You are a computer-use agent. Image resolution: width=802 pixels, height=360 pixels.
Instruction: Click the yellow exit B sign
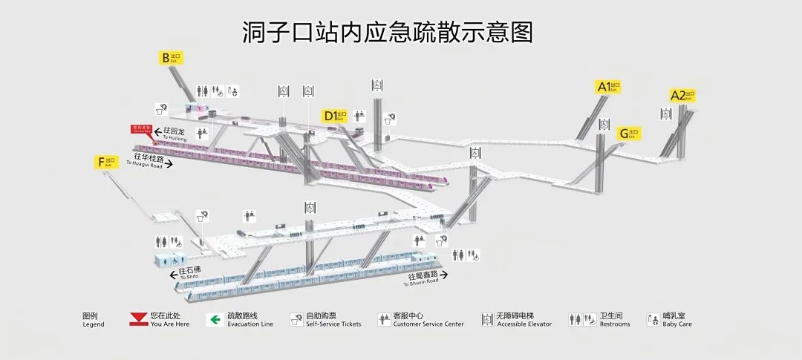(170, 57)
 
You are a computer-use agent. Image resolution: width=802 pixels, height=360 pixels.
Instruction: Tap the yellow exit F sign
(106, 161)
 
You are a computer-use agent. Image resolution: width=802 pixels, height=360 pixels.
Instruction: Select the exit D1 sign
(334, 115)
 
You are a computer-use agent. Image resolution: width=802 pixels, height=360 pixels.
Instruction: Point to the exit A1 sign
(608, 87)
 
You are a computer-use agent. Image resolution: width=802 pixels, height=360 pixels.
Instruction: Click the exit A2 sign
(682, 95)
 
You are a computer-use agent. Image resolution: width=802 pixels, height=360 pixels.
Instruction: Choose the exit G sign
(628, 134)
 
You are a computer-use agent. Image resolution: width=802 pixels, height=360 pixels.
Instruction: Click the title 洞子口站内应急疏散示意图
(387, 32)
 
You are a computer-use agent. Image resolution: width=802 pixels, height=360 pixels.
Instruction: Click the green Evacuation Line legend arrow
(215, 320)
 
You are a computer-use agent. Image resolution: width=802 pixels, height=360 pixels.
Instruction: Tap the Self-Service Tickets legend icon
(295, 320)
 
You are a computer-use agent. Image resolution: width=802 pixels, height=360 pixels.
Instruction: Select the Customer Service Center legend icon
(384, 320)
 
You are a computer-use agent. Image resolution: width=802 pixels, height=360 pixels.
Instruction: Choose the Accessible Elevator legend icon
(487, 320)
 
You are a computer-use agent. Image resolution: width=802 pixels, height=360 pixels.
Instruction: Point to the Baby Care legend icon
(653, 320)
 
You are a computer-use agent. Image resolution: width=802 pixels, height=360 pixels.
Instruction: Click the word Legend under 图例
(93, 324)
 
